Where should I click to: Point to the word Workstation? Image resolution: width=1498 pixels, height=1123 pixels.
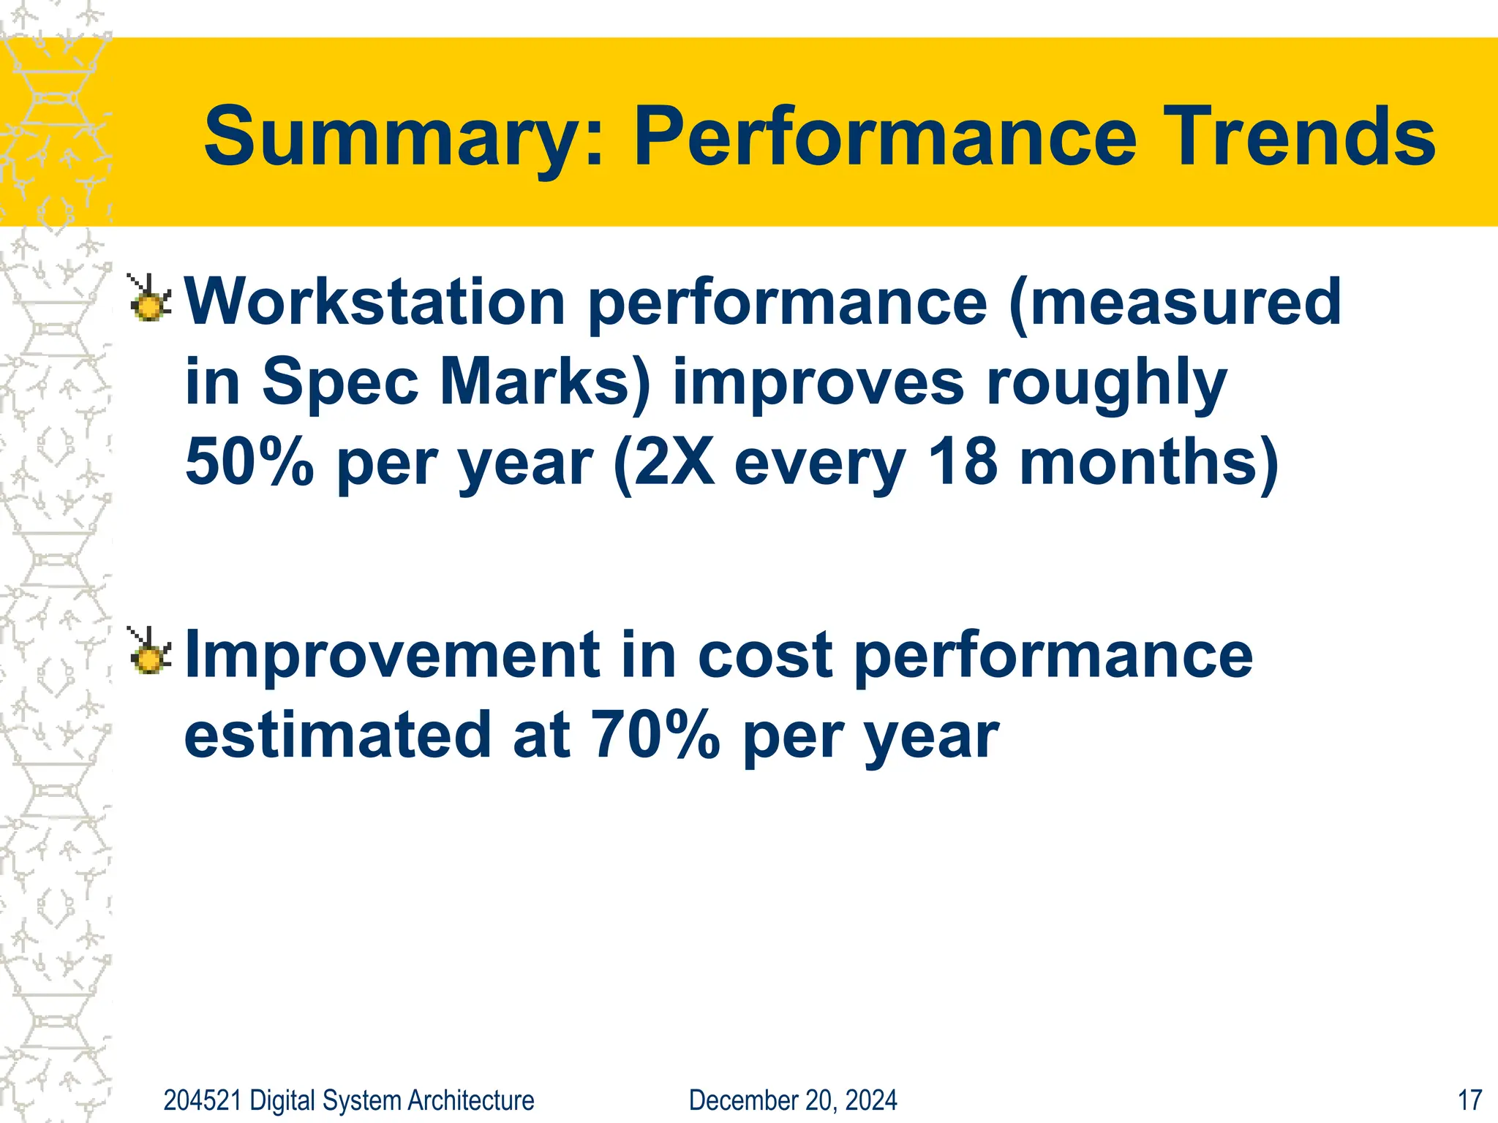point(375,302)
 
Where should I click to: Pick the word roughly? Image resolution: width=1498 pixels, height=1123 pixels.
point(1107,383)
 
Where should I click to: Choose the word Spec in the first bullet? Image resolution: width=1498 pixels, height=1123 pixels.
point(340,383)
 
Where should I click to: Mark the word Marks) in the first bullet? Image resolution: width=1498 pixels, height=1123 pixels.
point(545,383)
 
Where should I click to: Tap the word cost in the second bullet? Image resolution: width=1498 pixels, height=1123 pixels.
point(765,655)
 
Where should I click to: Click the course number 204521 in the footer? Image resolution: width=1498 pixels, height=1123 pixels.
point(202,1100)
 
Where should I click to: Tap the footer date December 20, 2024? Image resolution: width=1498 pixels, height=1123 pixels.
point(793,1100)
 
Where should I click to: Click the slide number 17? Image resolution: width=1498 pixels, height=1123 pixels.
point(1469,1100)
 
